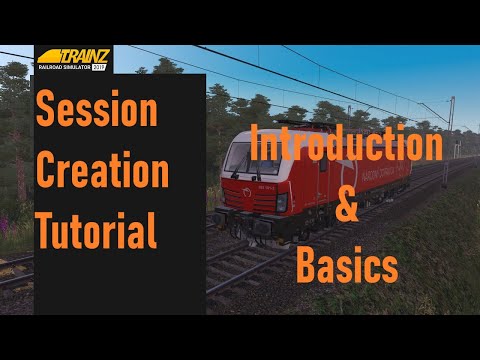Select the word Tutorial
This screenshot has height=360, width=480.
[97, 231]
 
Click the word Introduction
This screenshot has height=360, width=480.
[347, 146]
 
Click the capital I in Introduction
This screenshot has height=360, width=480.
[257, 146]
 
